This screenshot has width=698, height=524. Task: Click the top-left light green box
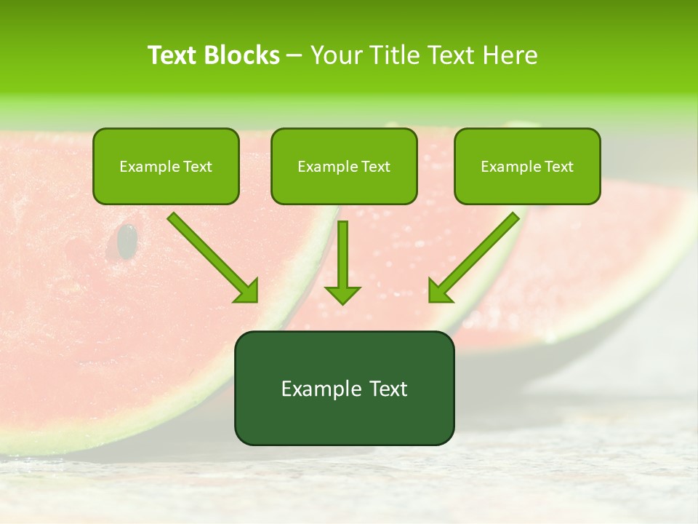coord(166,166)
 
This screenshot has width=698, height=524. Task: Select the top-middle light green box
coord(344,166)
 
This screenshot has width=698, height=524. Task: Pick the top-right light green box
coord(527,166)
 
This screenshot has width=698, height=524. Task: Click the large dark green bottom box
coord(344,388)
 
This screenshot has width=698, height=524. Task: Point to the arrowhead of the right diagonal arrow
coord(441,290)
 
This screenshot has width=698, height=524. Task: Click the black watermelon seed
coord(127,241)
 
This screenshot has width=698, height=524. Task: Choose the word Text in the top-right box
coord(558,167)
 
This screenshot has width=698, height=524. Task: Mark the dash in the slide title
coord(294,56)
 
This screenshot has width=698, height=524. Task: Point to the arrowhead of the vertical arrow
coord(342,295)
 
